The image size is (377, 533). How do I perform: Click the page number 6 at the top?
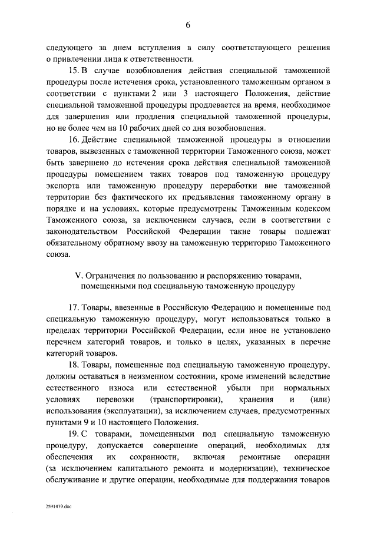[188, 24]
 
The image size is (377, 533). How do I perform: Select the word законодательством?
[87, 231]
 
